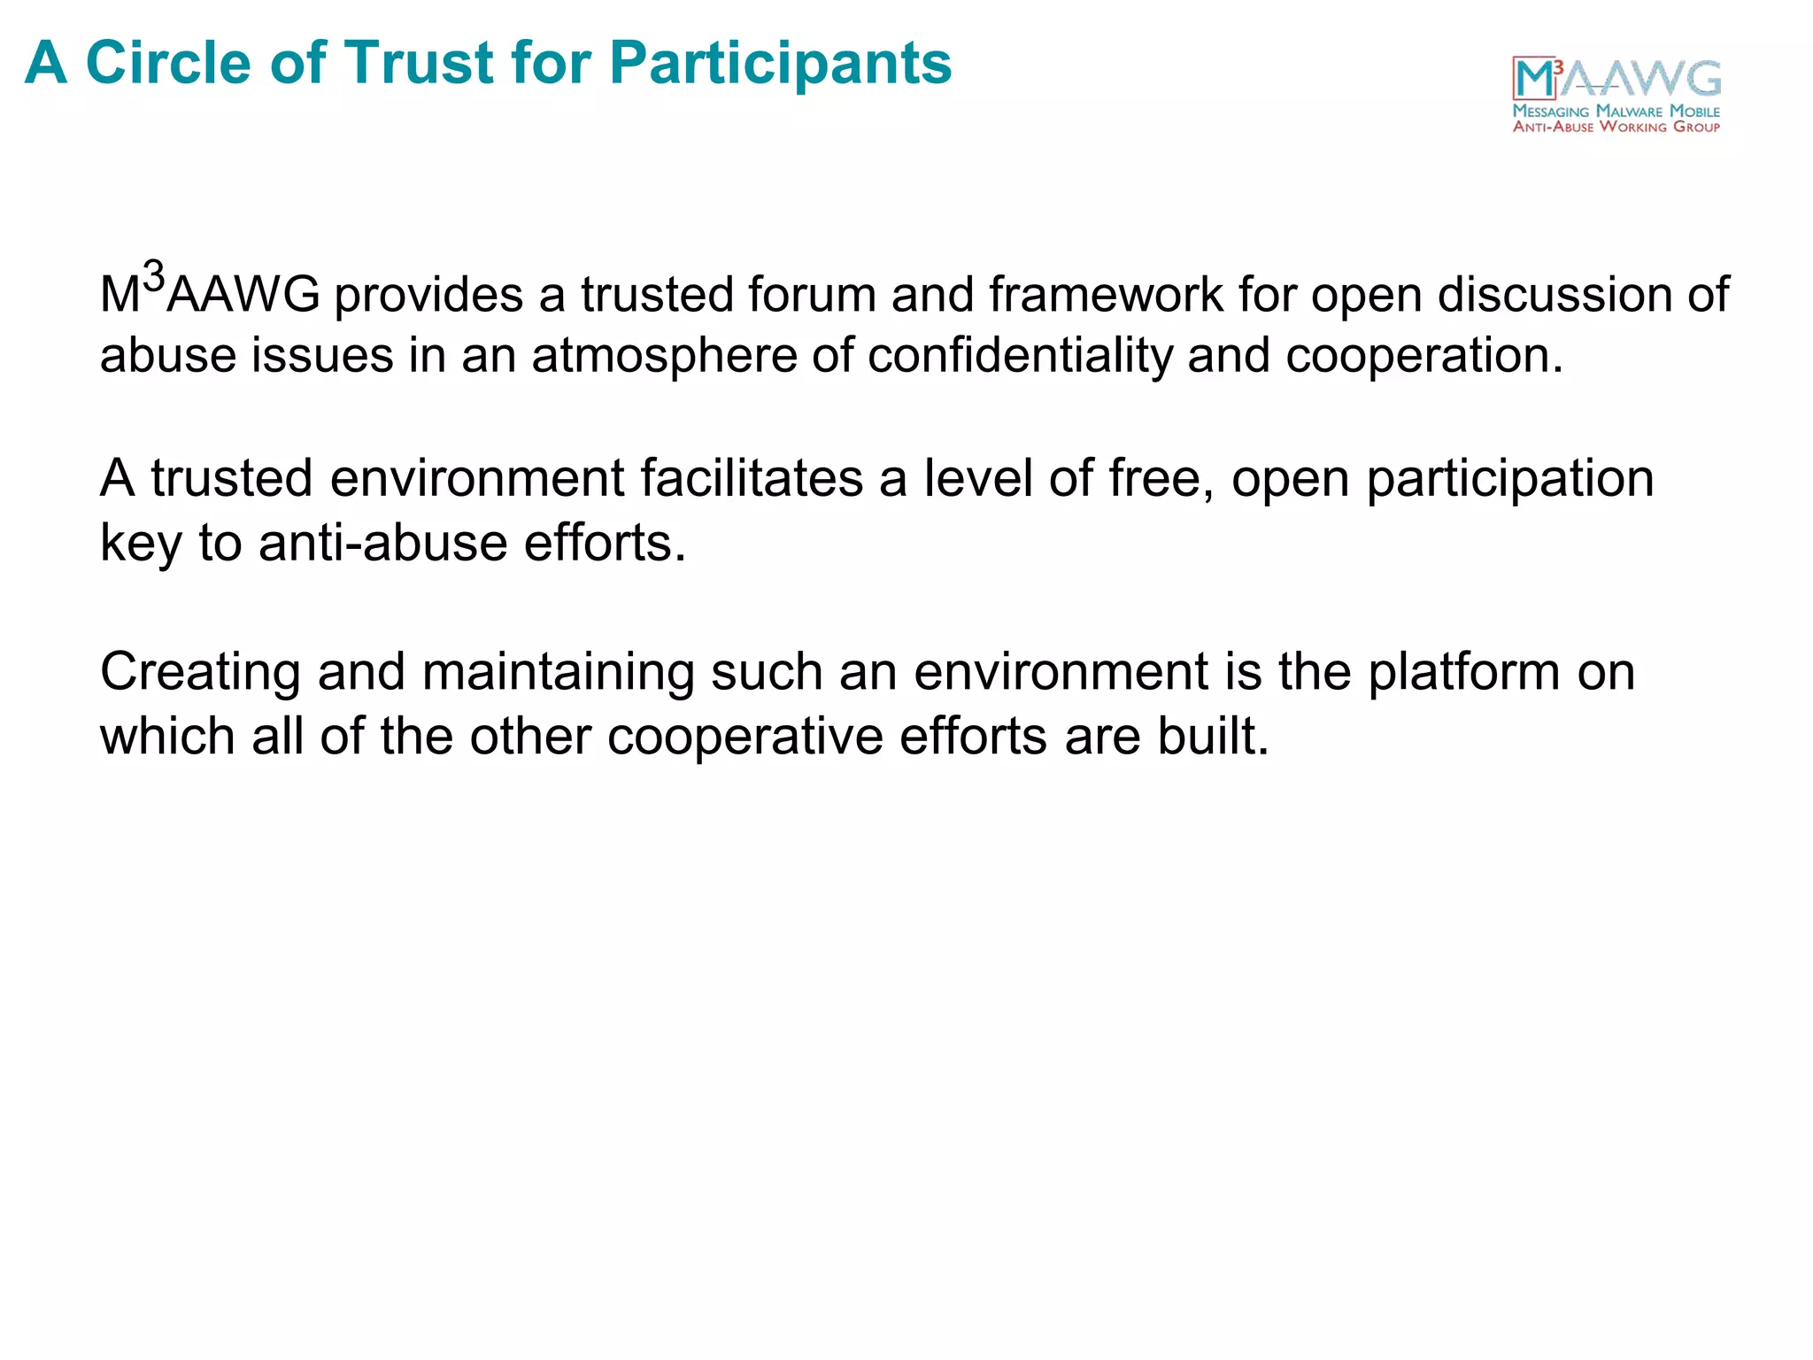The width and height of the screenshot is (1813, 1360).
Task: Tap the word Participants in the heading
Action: click(780, 65)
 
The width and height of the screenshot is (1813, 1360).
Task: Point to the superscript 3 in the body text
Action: click(154, 277)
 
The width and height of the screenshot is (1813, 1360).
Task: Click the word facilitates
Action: click(752, 479)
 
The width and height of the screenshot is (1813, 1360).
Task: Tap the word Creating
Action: click(201, 672)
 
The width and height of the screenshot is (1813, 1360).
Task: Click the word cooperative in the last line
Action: click(744, 737)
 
